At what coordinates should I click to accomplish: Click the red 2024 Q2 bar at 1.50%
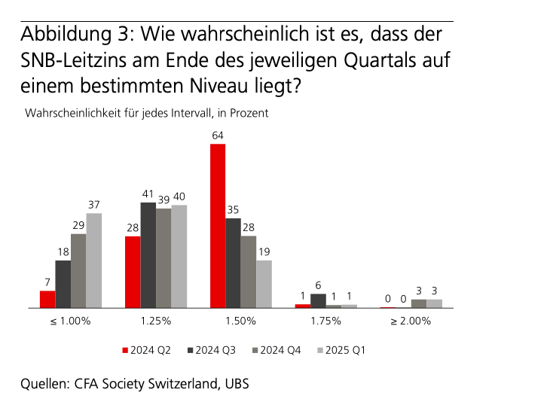click(218, 226)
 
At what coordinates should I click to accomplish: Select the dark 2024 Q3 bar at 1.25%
click(148, 255)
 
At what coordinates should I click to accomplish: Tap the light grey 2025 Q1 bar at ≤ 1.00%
click(94, 260)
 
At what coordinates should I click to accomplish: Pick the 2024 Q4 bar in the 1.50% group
click(248, 272)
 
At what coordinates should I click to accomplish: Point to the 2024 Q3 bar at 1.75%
click(318, 300)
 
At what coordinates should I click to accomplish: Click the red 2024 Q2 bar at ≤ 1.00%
click(47, 299)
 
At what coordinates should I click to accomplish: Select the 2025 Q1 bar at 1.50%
click(264, 284)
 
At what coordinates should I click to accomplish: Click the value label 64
click(218, 136)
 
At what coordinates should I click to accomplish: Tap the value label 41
click(148, 194)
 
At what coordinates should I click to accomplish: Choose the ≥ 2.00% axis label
click(411, 321)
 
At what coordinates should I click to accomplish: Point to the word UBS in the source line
click(235, 383)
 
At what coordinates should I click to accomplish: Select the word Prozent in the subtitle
click(249, 114)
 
